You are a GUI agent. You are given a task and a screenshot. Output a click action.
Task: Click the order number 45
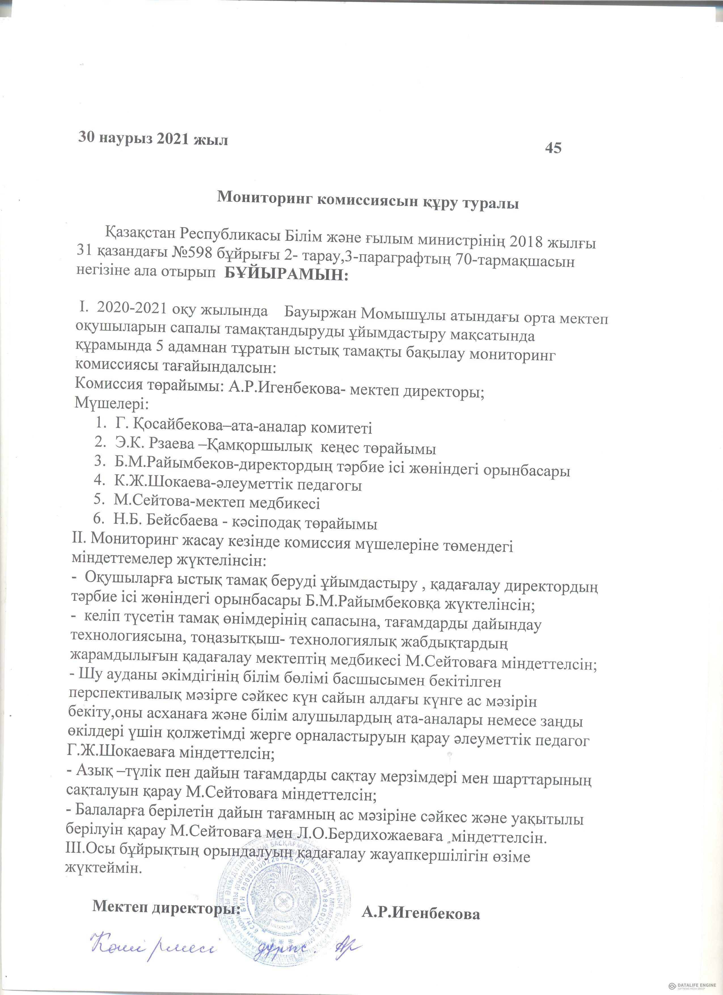pyautogui.click(x=553, y=148)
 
